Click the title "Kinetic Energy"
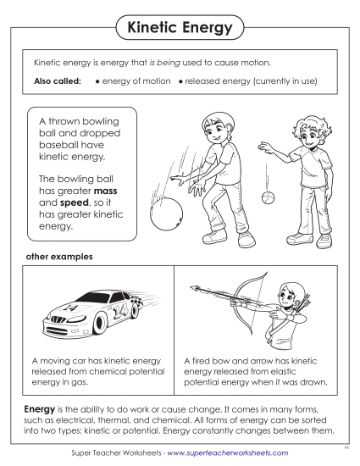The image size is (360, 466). click(179, 28)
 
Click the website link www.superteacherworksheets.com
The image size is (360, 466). click(228, 453)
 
